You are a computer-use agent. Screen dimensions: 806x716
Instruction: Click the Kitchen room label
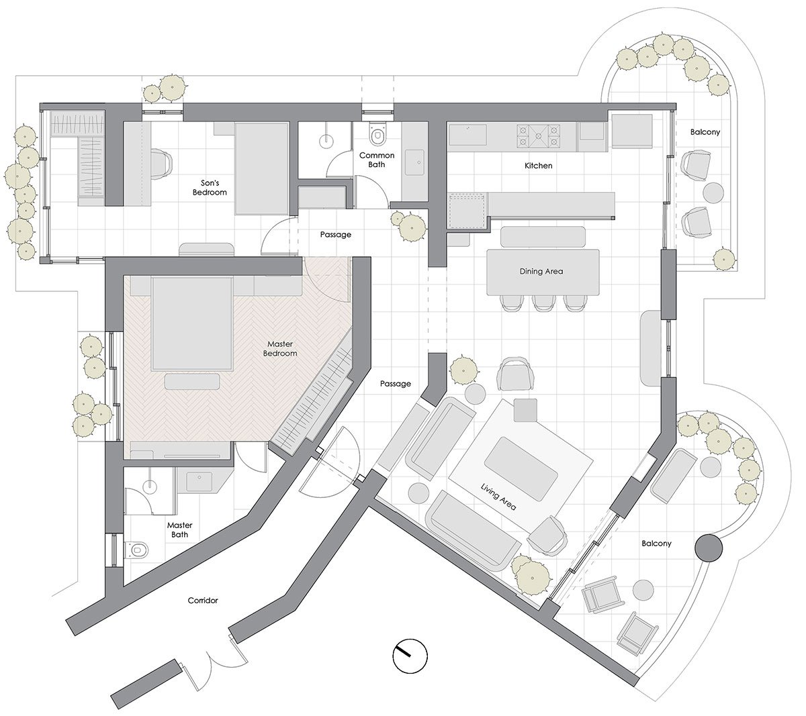(538, 165)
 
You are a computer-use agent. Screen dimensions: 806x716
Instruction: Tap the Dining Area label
(541, 271)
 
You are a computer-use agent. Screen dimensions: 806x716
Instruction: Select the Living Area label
(498, 497)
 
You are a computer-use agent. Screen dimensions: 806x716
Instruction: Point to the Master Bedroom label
(280, 348)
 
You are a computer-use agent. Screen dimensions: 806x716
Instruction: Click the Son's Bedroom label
(210, 187)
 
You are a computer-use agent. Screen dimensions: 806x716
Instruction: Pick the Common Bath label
(377, 160)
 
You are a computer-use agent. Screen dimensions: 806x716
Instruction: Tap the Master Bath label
(180, 530)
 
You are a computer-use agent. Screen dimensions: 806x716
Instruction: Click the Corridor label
(203, 601)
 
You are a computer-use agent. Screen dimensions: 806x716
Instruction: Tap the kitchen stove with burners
(538, 136)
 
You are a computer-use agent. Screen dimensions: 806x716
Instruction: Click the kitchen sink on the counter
(467, 135)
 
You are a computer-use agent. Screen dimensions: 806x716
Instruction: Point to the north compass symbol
(410, 656)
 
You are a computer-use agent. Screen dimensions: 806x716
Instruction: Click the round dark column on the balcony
(708, 548)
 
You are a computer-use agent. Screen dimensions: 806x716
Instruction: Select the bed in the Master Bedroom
(192, 324)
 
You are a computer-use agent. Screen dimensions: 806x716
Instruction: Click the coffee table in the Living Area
(521, 469)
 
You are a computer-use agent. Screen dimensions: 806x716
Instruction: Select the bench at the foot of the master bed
(192, 381)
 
